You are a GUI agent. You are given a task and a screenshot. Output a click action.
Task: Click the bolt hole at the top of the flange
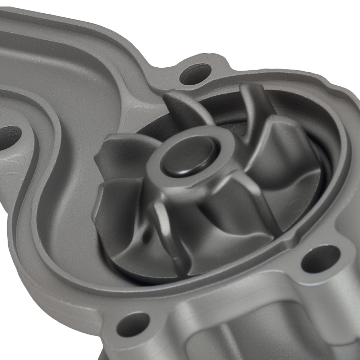coord(195,74)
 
